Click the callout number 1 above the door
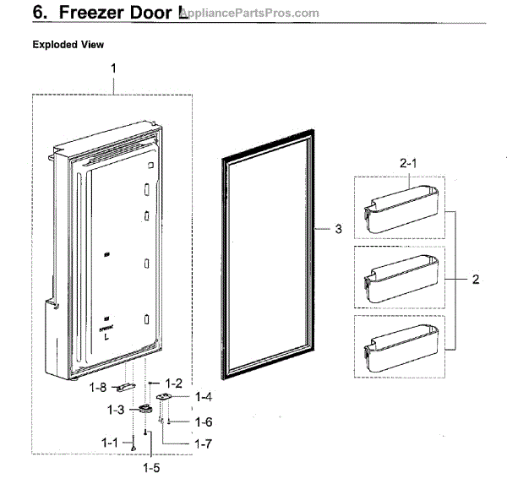pos(113,68)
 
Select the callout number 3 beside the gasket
pos(338,229)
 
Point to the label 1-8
pos(97,389)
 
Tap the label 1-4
pos(204,396)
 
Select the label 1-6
pos(204,421)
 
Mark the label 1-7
pos(204,443)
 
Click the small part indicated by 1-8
pos(128,387)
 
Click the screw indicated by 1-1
pos(133,444)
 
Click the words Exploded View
pos(68,44)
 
